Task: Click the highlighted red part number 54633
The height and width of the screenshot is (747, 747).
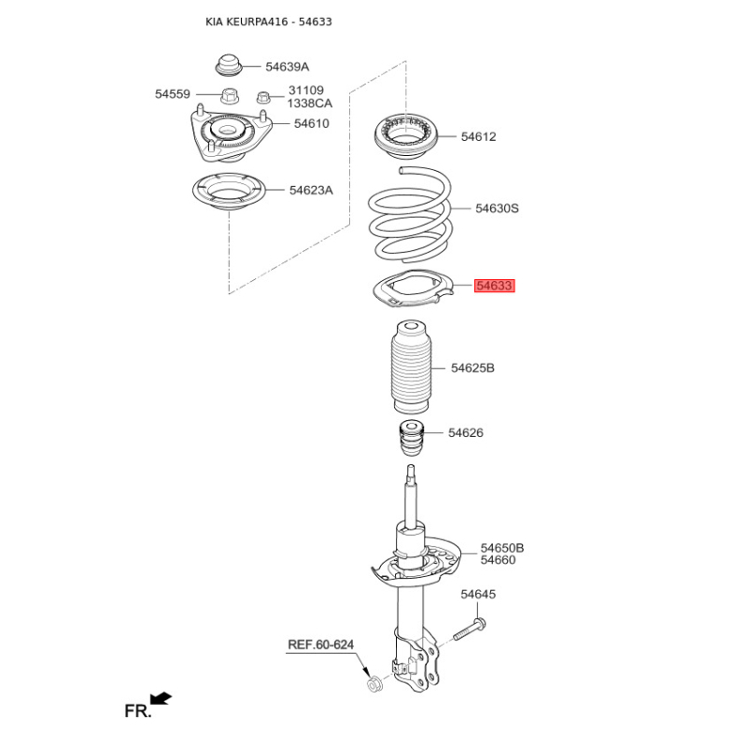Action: pos(495,286)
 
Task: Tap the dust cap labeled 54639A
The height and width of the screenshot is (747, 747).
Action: pos(229,64)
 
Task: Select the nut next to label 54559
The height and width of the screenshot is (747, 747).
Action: pos(230,95)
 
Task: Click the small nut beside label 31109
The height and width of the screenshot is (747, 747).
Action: pos(263,97)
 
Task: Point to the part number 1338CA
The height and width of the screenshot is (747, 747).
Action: pos(310,104)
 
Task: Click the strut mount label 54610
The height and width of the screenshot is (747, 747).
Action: pos(312,124)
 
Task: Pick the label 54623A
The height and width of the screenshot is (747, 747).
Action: pos(311,190)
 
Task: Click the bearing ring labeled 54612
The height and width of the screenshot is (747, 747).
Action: pos(406,136)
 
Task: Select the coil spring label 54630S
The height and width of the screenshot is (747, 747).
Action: pos(497,208)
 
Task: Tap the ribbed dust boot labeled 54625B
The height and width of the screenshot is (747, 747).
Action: pos(411,366)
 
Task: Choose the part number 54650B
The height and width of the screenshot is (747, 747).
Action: pos(502,548)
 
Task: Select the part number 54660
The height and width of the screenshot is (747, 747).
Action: pos(498,560)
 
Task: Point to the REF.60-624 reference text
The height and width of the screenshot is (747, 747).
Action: pos(320,644)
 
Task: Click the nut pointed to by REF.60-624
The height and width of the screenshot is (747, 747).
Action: pos(373,684)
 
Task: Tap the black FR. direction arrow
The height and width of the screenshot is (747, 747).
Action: pos(161,698)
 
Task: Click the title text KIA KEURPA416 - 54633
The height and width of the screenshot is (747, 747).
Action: pos(269,21)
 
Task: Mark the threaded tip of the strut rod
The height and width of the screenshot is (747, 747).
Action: pos(411,472)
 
